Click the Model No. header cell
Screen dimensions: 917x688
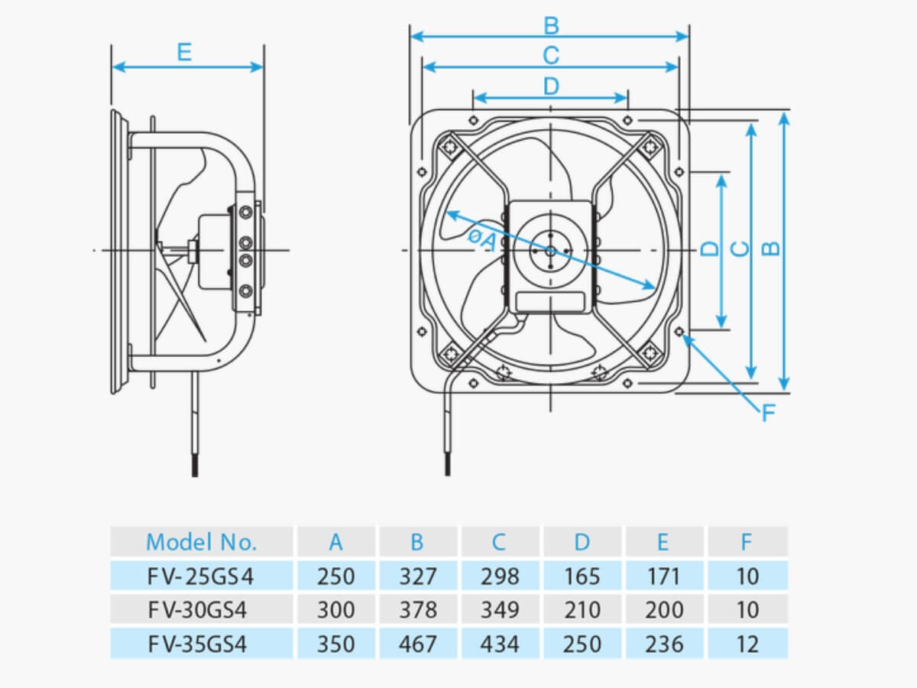click(201, 542)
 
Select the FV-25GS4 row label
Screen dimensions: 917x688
click(200, 576)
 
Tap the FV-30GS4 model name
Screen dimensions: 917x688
click(197, 610)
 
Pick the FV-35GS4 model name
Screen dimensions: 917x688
click(197, 644)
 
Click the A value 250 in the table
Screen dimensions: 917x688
click(336, 576)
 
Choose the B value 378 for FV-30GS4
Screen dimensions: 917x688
click(418, 610)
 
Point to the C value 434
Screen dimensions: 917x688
click(500, 644)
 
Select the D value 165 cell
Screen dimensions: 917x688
click(582, 576)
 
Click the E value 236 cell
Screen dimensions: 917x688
click(664, 644)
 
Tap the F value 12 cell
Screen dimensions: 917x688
click(747, 644)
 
